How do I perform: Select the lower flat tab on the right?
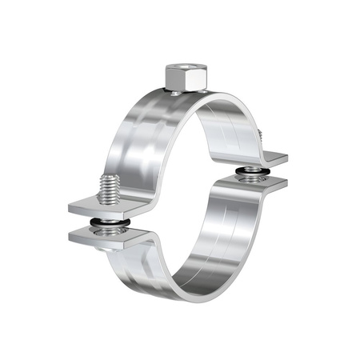[272, 186]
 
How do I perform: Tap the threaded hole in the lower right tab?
[253, 182]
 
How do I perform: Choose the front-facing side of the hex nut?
[178, 81]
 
